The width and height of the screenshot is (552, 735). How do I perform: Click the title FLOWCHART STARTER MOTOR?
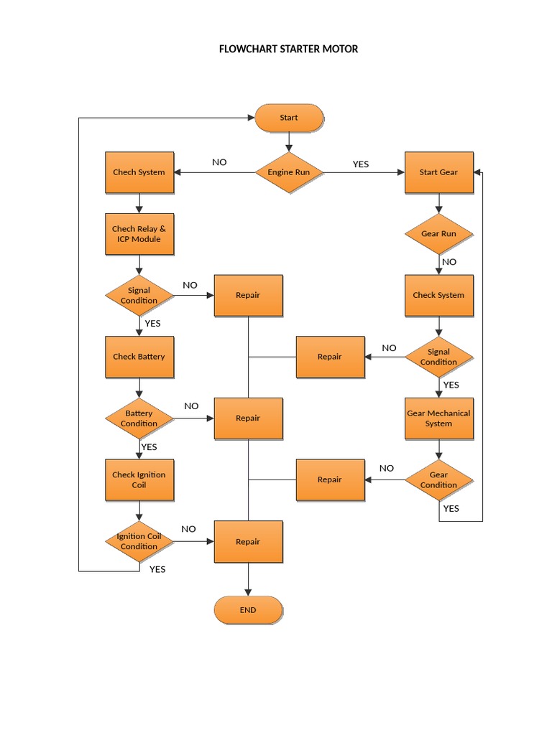pyautogui.click(x=288, y=49)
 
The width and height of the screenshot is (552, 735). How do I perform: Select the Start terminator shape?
pyautogui.click(x=289, y=118)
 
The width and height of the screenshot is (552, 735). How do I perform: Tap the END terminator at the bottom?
pyautogui.click(x=248, y=610)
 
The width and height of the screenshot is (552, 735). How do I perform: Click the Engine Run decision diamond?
pyautogui.click(x=289, y=172)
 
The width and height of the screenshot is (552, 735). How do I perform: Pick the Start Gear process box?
pyautogui.click(x=438, y=172)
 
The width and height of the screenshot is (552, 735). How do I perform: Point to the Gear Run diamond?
pyautogui.click(x=438, y=234)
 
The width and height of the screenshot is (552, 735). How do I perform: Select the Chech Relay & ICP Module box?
pyautogui.click(x=139, y=234)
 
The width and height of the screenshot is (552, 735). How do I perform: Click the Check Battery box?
pyautogui.click(x=139, y=357)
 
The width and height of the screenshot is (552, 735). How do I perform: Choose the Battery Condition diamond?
pyautogui.click(x=139, y=418)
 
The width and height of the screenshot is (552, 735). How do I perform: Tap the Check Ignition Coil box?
pyautogui.click(x=139, y=479)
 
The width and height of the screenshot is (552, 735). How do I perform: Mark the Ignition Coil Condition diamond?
pyautogui.click(x=139, y=541)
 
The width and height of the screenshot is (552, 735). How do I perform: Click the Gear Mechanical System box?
pyautogui.click(x=438, y=418)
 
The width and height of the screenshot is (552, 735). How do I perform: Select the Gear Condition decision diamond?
pyautogui.click(x=438, y=479)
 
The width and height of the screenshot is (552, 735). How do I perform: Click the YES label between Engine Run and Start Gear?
pyautogui.click(x=361, y=164)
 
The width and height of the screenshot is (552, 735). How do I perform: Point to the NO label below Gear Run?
pyautogui.click(x=449, y=262)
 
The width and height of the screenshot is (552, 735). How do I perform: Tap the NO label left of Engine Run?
pyautogui.click(x=219, y=162)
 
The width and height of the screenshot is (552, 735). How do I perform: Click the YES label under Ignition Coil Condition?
pyautogui.click(x=157, y=569)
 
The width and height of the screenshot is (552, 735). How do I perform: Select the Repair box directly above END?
pyautogui.click(x=248, y=541)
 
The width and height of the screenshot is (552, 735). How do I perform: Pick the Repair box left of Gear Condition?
pyautogui.click(x=330, y=479)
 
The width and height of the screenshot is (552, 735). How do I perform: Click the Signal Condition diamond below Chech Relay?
pyautogui.click(x=139, y=295)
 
